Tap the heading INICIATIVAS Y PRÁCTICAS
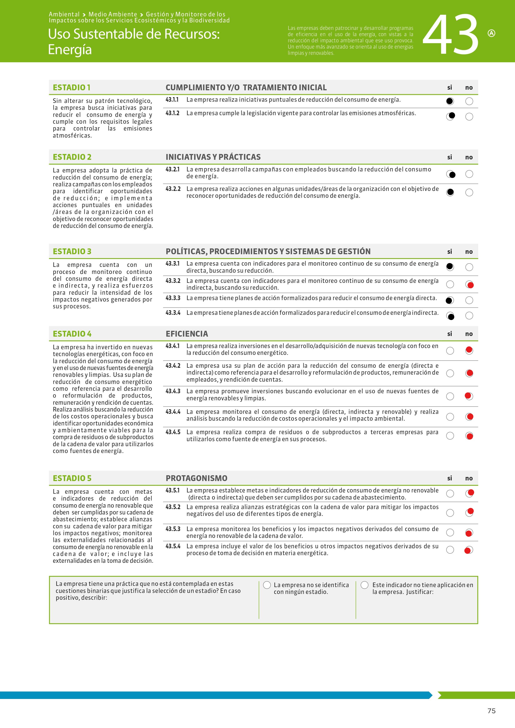213,157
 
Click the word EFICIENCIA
187,334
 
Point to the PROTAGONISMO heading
196,478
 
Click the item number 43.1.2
172,113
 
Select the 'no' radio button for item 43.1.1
469,101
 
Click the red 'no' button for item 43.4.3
469,396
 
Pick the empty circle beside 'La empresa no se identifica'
267,585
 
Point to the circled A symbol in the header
491,33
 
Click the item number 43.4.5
173,432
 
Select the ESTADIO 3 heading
72,252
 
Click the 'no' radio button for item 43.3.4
469,315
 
